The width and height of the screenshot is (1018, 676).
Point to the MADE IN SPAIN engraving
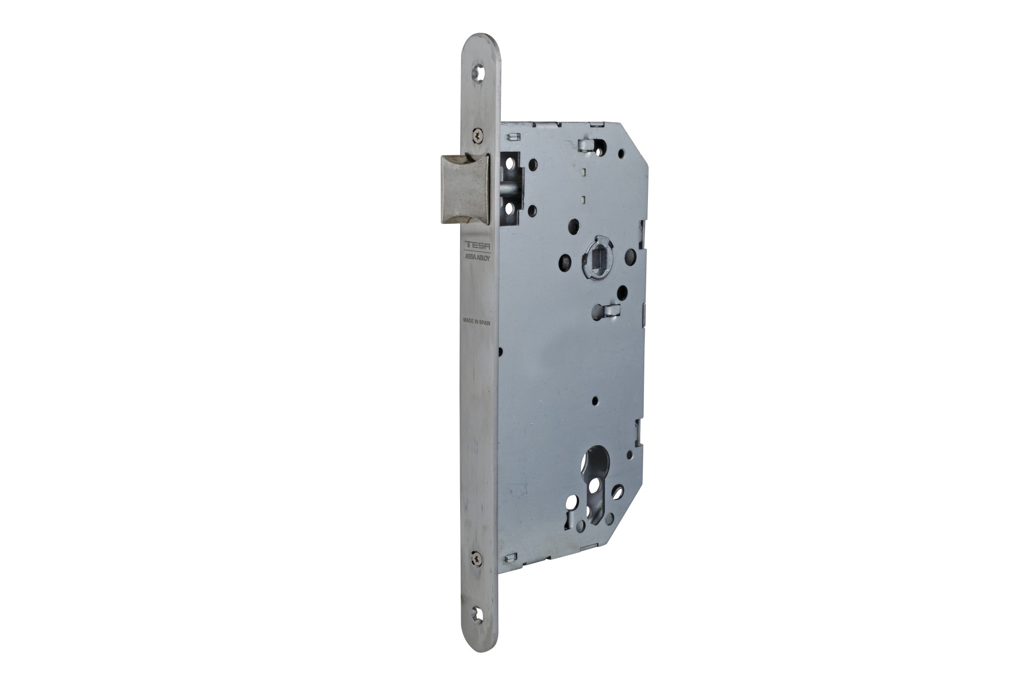[476, 321]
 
